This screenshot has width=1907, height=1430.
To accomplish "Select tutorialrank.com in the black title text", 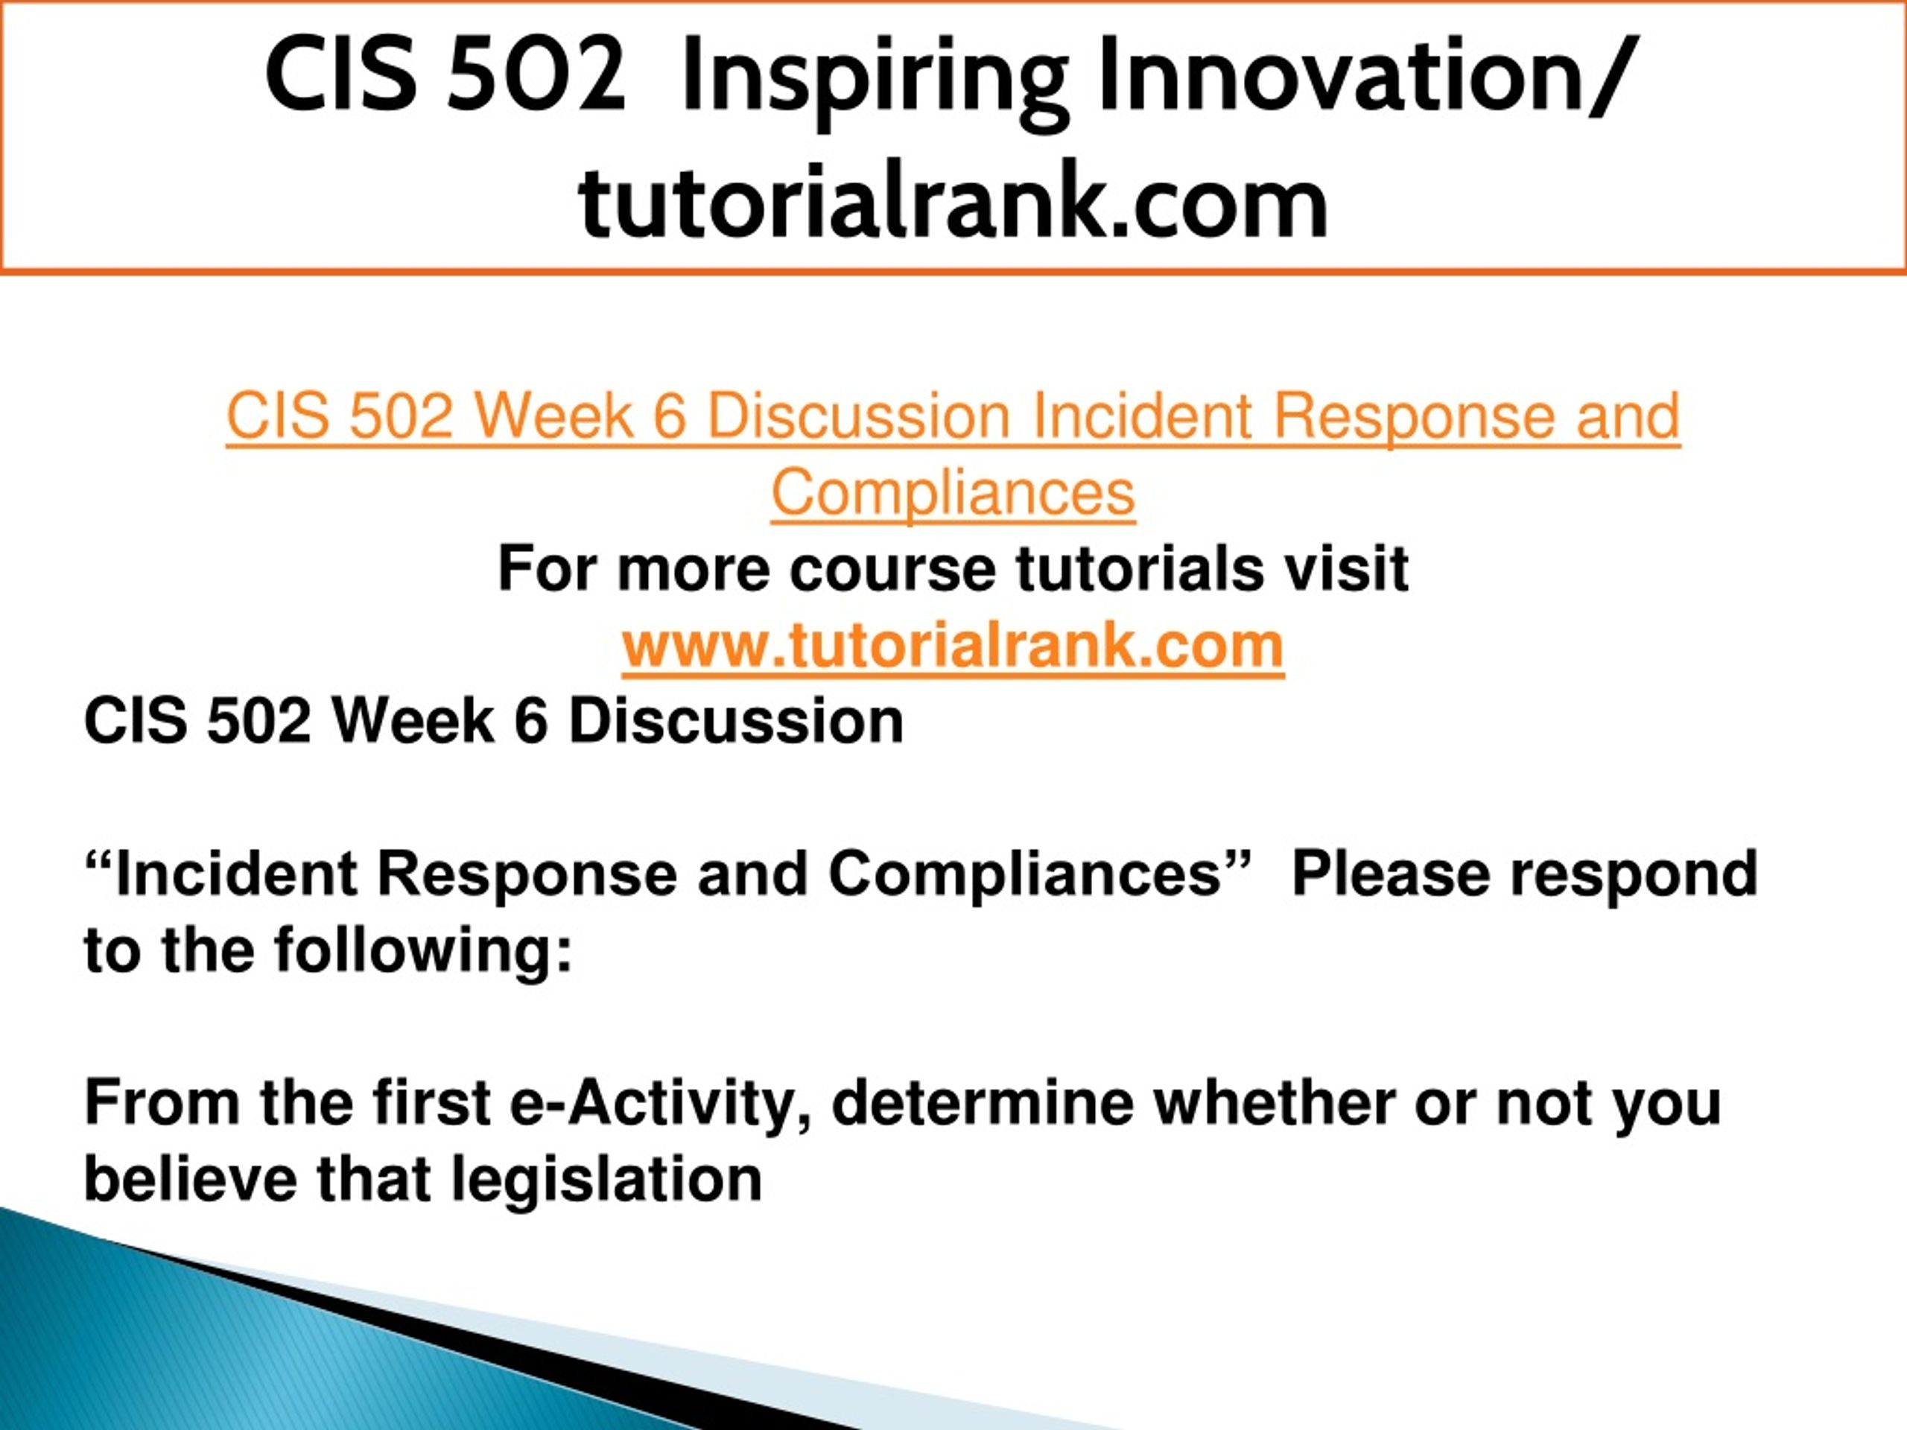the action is (953, 200).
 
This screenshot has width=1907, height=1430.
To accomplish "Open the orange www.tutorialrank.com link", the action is (953, 646).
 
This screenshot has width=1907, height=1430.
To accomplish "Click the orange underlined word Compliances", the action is (953, 492).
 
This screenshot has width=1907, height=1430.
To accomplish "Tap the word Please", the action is (1392, 874).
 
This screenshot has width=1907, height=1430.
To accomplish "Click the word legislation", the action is (607, 1181).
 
